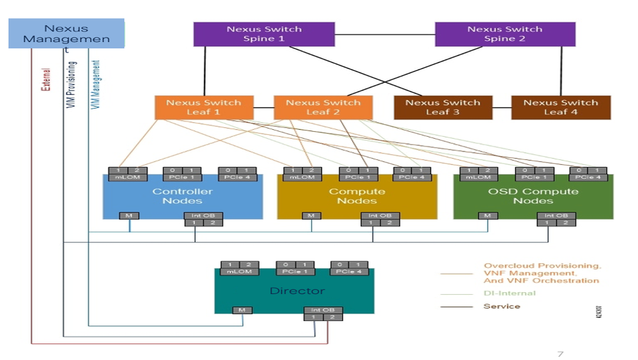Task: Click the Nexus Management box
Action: pyautogui.click(x=66, y=33)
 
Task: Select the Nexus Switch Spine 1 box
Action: pyautogui.click(x=264, y=34)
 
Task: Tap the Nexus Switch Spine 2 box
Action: pyautogui.click(x=505, y=34)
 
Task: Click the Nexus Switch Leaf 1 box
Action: pyautogui.click(x=204, y=107)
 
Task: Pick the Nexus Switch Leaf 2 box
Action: pyautogui.click(x=323, y=107)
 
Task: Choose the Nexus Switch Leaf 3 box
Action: pyautogui.click(x=443, y=107)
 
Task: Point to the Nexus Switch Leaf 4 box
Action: pyautogui.click(x=561, y=107)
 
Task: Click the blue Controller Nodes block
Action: pyautogui.click(x=183, y=196)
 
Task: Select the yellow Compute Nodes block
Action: pyautogui.click(x=357, y=196)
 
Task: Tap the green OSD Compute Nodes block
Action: pyautogui.click(x=533, y=196)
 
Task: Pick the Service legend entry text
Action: pyautogui.click(x=501, y=306)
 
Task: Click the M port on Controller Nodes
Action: pyautogui.click(x=129, y=215)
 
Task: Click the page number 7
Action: pyautogui.click(x=561, y=354)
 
